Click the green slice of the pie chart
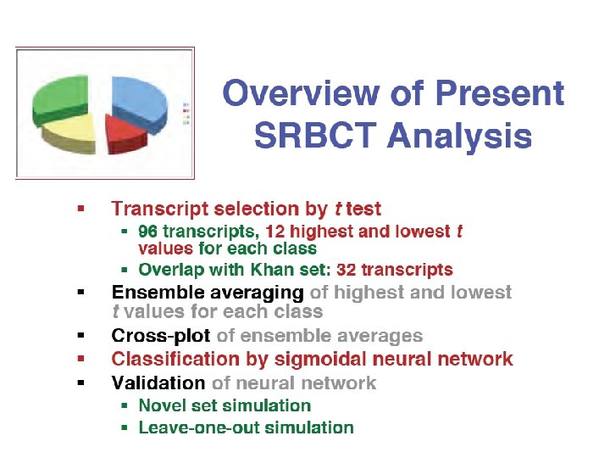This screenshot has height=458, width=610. coord(60,99)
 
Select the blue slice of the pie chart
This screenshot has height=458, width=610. coord(139,103)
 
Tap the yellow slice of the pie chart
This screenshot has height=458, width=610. coord(70,134)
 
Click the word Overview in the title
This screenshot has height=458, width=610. coord(301,92)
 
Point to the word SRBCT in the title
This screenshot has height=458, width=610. coord(315,135)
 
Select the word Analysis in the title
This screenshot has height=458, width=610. coord(459,137)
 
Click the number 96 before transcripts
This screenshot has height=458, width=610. coord(147,232)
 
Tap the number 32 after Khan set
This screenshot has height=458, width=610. coord(346,270)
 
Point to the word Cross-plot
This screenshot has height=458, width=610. coord(161,335)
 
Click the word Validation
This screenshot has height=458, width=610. coord(158,383)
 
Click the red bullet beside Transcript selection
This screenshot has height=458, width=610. coord(81,209)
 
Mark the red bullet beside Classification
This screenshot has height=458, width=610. coord(81,359)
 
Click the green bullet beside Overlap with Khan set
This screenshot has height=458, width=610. coord(125,270)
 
